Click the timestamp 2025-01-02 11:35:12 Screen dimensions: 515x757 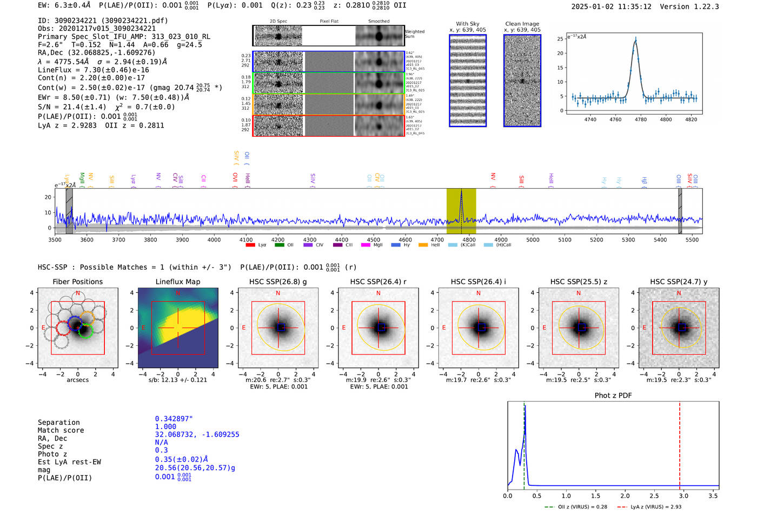pos(611,6)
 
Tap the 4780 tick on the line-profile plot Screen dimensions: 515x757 pos(641,119)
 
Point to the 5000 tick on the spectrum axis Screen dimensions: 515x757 pos(533,239)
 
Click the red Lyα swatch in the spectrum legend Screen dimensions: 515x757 pos(250,245)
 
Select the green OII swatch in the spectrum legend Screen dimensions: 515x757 pos(279,245)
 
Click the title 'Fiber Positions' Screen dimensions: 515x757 pos(77,282)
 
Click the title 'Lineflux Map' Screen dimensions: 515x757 pos(178,282)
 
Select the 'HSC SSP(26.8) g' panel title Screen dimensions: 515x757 pos(278,282)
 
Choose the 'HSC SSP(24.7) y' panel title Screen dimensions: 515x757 pos(679,282)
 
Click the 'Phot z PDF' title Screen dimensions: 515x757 pos(613,396)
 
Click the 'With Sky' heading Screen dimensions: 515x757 pos(468,24)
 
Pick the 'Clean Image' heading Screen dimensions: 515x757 pos(522,24)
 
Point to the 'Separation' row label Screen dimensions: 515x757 pos(58,423)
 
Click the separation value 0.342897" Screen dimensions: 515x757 pos(174,419)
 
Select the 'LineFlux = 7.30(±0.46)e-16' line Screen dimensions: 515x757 pos(93,70)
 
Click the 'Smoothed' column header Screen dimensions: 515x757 pos(378,22)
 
